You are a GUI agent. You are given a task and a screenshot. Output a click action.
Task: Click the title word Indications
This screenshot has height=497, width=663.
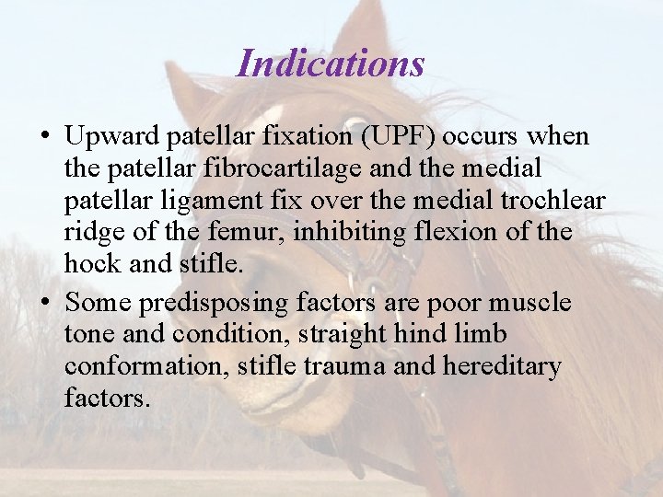point(331,64)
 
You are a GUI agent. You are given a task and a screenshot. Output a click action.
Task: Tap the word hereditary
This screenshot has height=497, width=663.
point(501,367)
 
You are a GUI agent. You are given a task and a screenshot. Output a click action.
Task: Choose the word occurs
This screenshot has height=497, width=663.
point(486,137)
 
